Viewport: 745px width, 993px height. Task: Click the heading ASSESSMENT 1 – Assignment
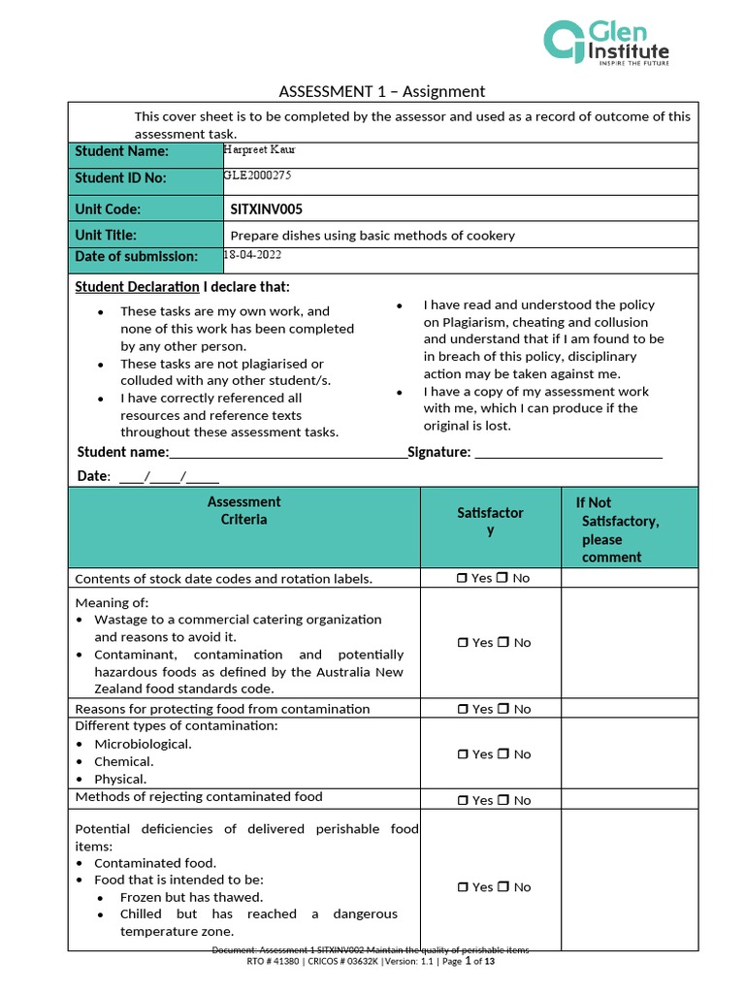tap(381, 91)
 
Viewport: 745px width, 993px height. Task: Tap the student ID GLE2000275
tap(257, 176)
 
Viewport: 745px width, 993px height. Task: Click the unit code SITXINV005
tap(267, 208)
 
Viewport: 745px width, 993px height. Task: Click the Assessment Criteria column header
tap(243, 510)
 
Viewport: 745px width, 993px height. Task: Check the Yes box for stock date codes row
tap(462, 578)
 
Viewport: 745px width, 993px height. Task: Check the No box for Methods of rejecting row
tap(502, 800)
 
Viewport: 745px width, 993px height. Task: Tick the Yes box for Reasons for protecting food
tap(462, 709)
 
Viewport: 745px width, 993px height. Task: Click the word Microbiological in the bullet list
tap(143, 744)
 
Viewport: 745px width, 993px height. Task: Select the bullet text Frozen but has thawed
tap(191, 897)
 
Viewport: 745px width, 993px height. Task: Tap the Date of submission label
tap(136, 256)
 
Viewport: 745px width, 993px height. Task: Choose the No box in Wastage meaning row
tap(502, 642)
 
